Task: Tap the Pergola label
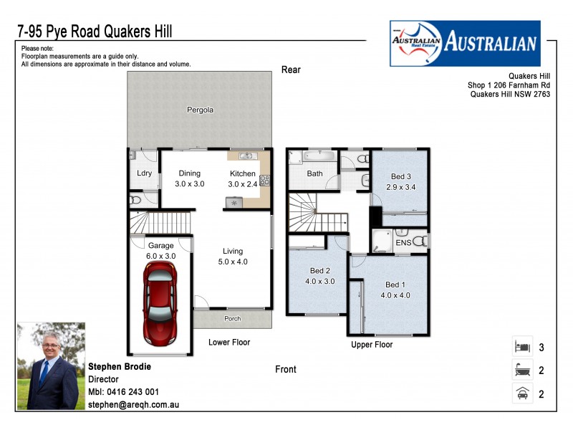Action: pyautogui.click(x=201, y=110)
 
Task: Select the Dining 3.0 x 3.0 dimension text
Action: pyautogui.click(x=190, y=184)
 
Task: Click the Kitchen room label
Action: pyautogui.click(x=242, y=173)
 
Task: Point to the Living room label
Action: pyautogui.click(x=233, y=251)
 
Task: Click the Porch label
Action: pyautogui.click(x=233, y=319)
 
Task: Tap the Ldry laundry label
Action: pyautogui.click(x=144, y=173)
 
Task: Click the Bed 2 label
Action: pyautogui.click(x=320, y=271)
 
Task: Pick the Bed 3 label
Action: pyautogui.click(x=400, y=176)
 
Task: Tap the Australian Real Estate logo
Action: pyautogui.click(x=464, y=43)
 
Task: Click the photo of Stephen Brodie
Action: pyautogui.click(x=51, y=365)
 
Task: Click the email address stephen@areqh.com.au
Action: pyautogui.click(x=133, y=405)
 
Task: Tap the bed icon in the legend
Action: pyautogui.click(x=521, y=347)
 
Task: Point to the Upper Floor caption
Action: pyautogui.click(x=372, y=345)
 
